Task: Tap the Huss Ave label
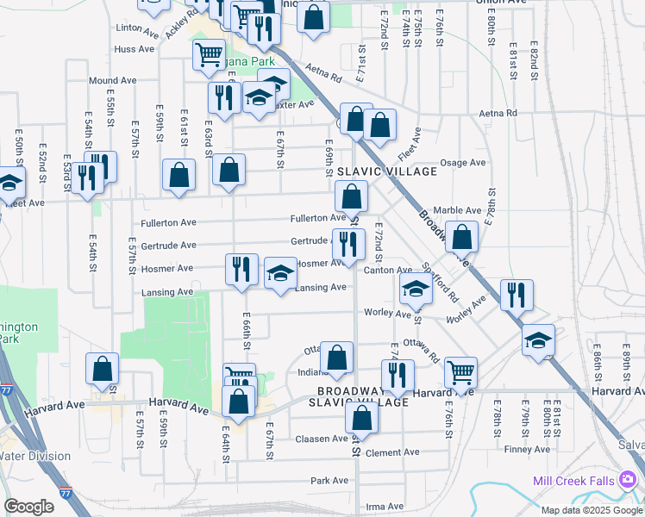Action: (x=134, y=50)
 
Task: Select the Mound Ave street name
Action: (x=113, y=80)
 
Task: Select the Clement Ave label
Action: (x=392, y=452)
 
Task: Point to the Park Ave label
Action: (x=329, y=480)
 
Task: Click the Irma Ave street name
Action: (x=385, y=507)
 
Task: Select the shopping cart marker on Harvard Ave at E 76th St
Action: (x=461, y=372)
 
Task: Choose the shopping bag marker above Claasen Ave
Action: (x=362, y=418)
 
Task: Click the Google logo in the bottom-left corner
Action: (x=28, y=507)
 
